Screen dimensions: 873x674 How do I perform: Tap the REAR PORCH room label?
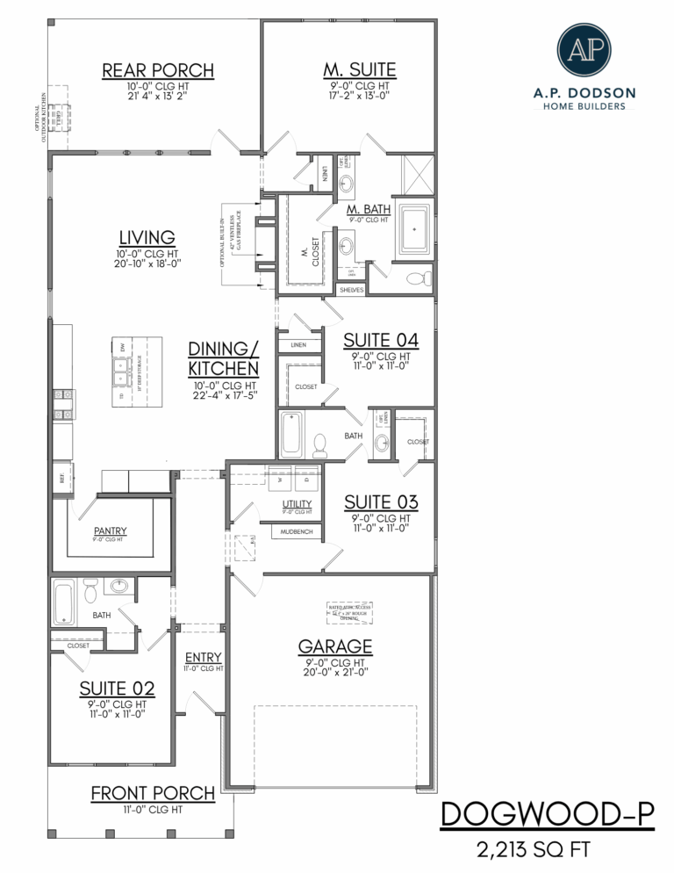click(158, 70)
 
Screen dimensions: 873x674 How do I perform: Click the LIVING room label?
click(147, 236)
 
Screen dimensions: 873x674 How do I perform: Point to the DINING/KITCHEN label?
click(223, 357)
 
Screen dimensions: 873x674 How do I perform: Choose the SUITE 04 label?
click(380, 340)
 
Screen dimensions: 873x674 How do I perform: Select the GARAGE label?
click(334, 646)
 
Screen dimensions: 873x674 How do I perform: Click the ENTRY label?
click(203, 657)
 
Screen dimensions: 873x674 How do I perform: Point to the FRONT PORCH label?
click(153, 793)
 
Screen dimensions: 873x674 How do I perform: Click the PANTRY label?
click(111, 530)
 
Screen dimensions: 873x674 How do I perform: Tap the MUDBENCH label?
click(292, 532)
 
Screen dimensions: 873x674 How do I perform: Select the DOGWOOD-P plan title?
click(547, 814)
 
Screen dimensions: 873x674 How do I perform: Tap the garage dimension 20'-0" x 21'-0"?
click(334, 672)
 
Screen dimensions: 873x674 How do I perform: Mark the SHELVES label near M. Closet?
click(351, 290)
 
